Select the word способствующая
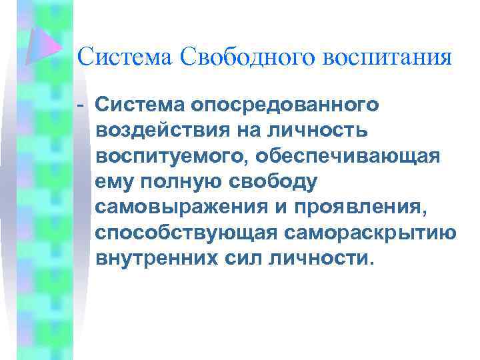point(182,232)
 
